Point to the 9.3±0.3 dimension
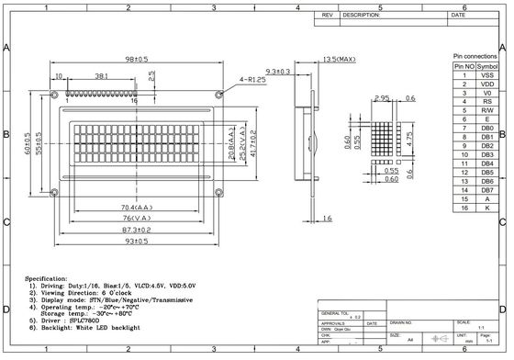tap(277, 71)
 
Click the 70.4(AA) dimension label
tap(134, 207)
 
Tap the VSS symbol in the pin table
tap(489, 75)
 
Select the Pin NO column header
tap(464, 66)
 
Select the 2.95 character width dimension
tap(384, 96)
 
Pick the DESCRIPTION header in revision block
tap(361, 16)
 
